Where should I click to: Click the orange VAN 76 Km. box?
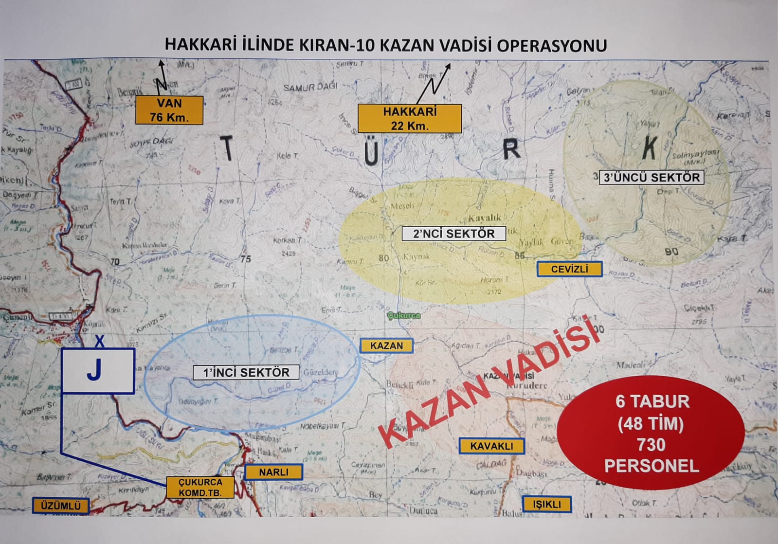click(x=169, y=110)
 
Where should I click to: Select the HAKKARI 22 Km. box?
click(x=409, y=118)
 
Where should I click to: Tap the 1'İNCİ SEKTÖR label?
click(x=246, y=373)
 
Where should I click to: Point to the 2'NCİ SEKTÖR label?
click(x=453, y=234)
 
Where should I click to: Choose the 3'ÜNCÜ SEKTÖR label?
click(x=651, y=178)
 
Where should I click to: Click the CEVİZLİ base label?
click(x=569, y=269)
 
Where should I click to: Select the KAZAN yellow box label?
click(x=386, y=345)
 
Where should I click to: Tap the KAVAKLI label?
click(x=491, y=446)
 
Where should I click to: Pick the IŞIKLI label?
click(x=546, y=504)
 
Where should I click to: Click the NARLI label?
click(x=273, y=472)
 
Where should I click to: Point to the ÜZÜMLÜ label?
click(x=61, y=506)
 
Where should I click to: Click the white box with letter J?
click(x=98, y=371)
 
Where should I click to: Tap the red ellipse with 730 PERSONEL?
click(x=651, y=434)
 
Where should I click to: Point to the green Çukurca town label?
click(x=404, y=315)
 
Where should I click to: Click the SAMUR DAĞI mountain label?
click(x=310, y=87)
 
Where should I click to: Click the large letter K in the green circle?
click(x=650, y=147)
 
